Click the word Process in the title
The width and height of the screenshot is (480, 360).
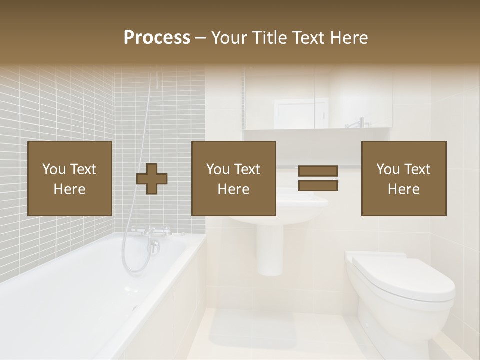pos(157,38)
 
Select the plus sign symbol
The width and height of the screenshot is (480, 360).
pos(152,179)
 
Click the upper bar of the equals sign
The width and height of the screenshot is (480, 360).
pos(318,171)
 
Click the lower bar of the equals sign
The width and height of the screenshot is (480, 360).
pos(318,186)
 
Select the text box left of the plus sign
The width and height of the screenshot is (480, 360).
pos(70,178)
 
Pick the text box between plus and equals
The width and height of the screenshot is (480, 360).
pos(234,178)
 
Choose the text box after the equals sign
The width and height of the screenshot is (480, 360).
pos(404,178)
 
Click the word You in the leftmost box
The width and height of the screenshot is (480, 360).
pos(53,169)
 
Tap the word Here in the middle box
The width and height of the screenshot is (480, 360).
pos(234,189)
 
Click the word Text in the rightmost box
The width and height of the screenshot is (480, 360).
pos(418,169)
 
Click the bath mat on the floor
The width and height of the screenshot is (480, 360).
pos(252,332)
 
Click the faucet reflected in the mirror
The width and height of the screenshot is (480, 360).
pos(357,122)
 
